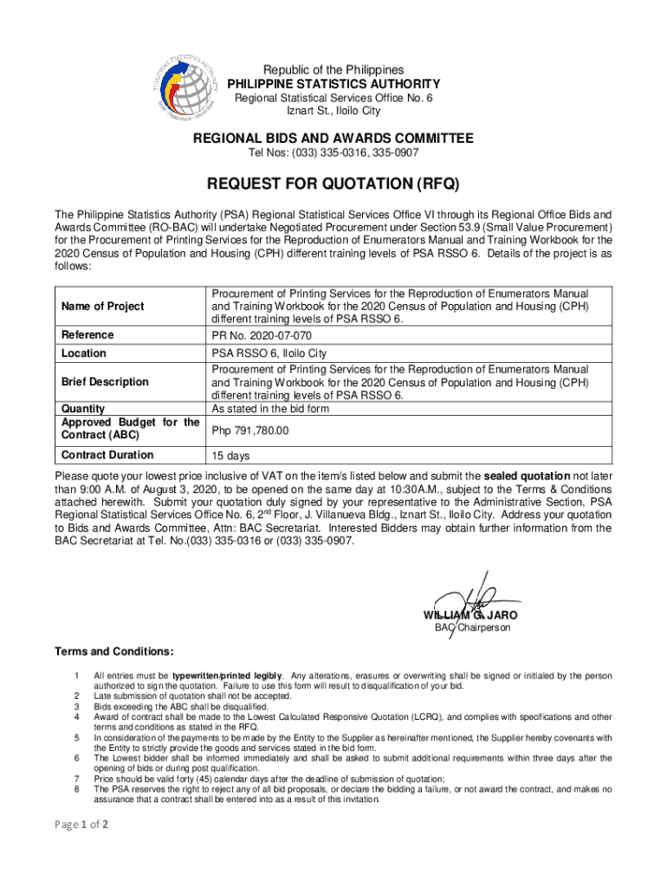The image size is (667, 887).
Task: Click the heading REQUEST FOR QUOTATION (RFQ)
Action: (333, 184)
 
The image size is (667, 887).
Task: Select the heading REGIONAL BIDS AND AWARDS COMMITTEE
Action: (333, 139)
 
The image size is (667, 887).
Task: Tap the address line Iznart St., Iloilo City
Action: (333, 111)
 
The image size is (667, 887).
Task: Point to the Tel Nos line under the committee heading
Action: (333, 153)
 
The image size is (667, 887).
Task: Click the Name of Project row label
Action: (103, 307)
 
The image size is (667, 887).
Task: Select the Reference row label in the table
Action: (87, 335)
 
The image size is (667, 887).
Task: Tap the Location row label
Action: (84, 353)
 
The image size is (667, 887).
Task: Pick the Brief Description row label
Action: (105, 382)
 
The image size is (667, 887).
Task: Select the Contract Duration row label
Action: (107, 456)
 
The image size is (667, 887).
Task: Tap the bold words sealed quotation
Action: (527, 476)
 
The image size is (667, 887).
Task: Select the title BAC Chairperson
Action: (472, 627)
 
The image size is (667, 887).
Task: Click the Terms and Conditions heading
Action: (113, 651)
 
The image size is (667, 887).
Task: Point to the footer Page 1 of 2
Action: (81, 825)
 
